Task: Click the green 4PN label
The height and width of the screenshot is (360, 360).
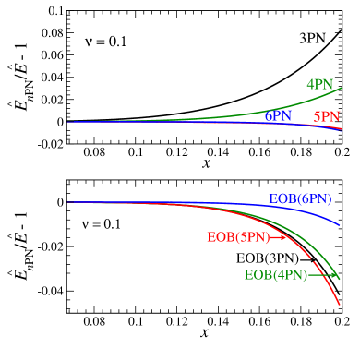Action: click(319, 84)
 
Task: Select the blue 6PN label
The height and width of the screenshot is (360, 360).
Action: click(278, 117)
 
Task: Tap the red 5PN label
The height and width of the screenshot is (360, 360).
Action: click(327, 117)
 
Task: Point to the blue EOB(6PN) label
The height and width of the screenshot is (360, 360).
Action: click(300, 198)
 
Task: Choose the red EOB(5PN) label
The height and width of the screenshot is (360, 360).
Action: click(237, 237)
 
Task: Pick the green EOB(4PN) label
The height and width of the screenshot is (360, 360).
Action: click(275, 275)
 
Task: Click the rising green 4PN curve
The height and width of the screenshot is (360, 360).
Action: click(277, 111)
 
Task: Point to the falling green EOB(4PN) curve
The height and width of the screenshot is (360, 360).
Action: click(318, 246)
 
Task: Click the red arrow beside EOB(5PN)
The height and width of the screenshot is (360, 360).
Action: click(278, 237)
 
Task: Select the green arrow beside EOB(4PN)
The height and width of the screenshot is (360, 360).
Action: click(321, 275)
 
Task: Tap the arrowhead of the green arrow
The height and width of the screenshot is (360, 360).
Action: click(334, 275)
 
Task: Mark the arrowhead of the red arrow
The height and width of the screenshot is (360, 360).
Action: click(284, 237)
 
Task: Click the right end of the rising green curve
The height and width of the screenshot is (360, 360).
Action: click(341, 89)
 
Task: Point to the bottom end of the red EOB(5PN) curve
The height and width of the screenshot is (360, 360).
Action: click(340, 304)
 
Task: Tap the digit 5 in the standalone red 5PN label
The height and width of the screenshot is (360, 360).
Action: click(318, 117)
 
